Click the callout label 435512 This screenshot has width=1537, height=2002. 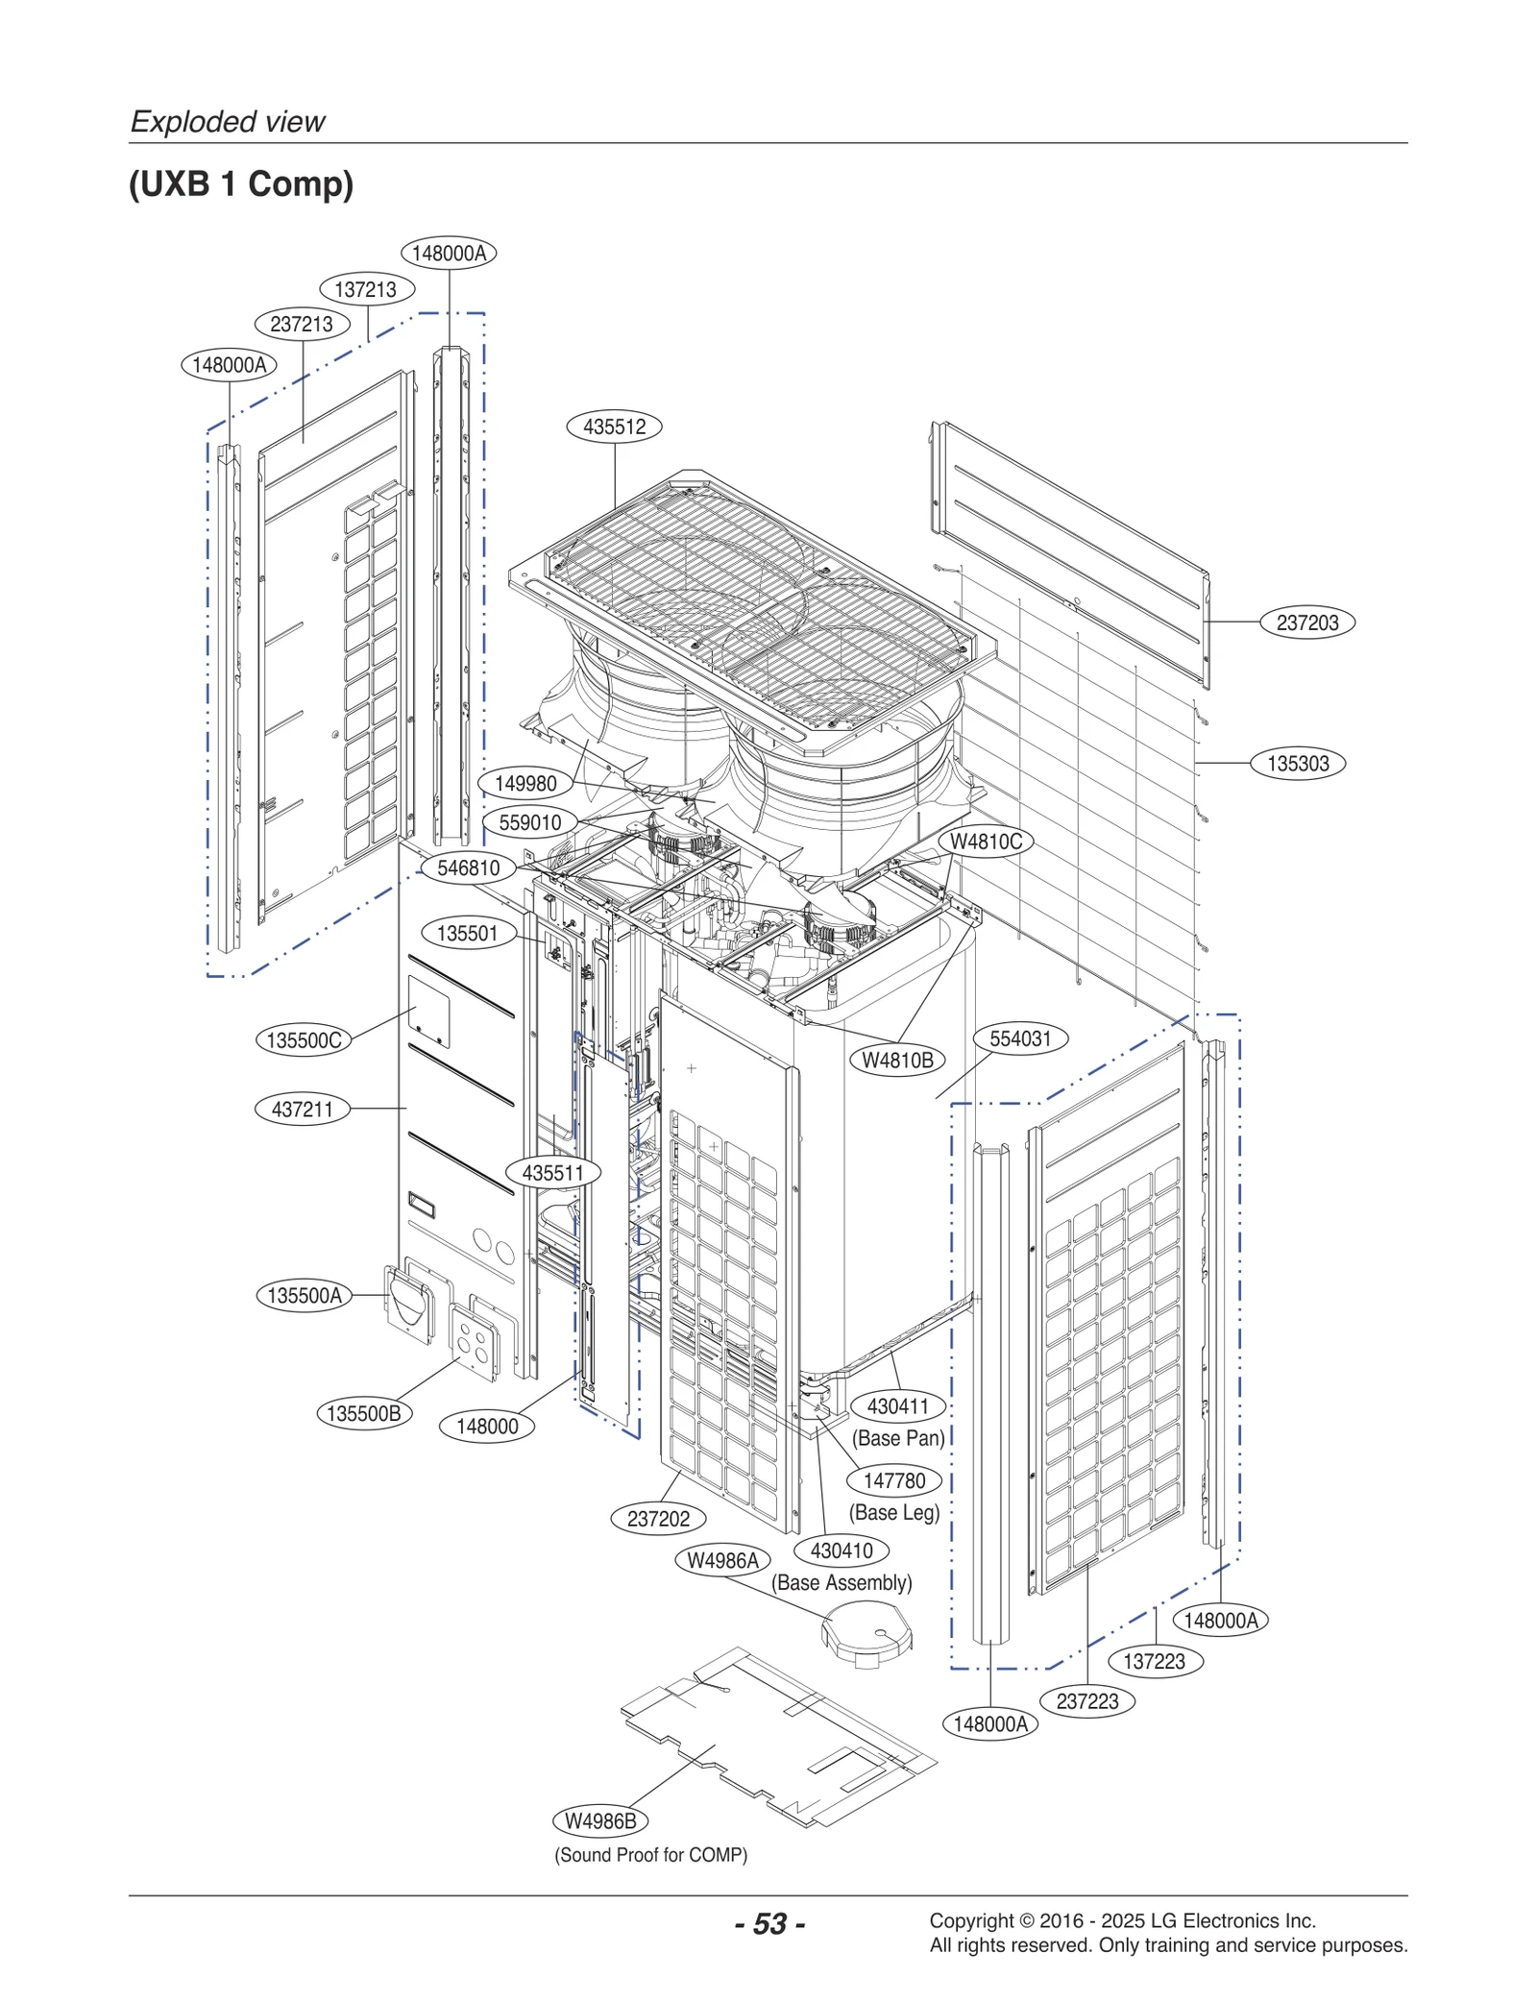click(614, 427)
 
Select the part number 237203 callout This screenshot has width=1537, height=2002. click(1306, 623)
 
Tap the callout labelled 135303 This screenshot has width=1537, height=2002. click(1297, 764)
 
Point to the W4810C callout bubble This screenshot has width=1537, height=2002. click(986, 842)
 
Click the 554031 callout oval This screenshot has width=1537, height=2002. click(1020, 1038)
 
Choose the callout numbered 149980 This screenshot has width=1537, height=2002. click(525, 784)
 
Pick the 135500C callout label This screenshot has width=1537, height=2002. click(304, 1040)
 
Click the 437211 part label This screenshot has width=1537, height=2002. click(302, 1110)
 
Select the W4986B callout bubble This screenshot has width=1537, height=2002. click(600, 1820)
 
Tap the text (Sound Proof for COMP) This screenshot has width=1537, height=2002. click(650, 1855)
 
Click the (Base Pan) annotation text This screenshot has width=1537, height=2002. click(898, 1438)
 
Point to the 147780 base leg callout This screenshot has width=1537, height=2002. click(893, 1480)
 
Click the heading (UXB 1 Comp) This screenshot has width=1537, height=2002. click(241, 183)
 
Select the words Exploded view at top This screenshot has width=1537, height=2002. click(228, 122)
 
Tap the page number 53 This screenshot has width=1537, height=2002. click(769, 1923)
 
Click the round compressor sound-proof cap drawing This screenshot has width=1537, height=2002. click(866, 1633)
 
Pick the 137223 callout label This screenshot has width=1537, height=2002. click(1154, 1661)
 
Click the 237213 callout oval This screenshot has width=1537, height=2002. click(302, 325)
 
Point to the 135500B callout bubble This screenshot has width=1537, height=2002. click(363, 1413)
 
